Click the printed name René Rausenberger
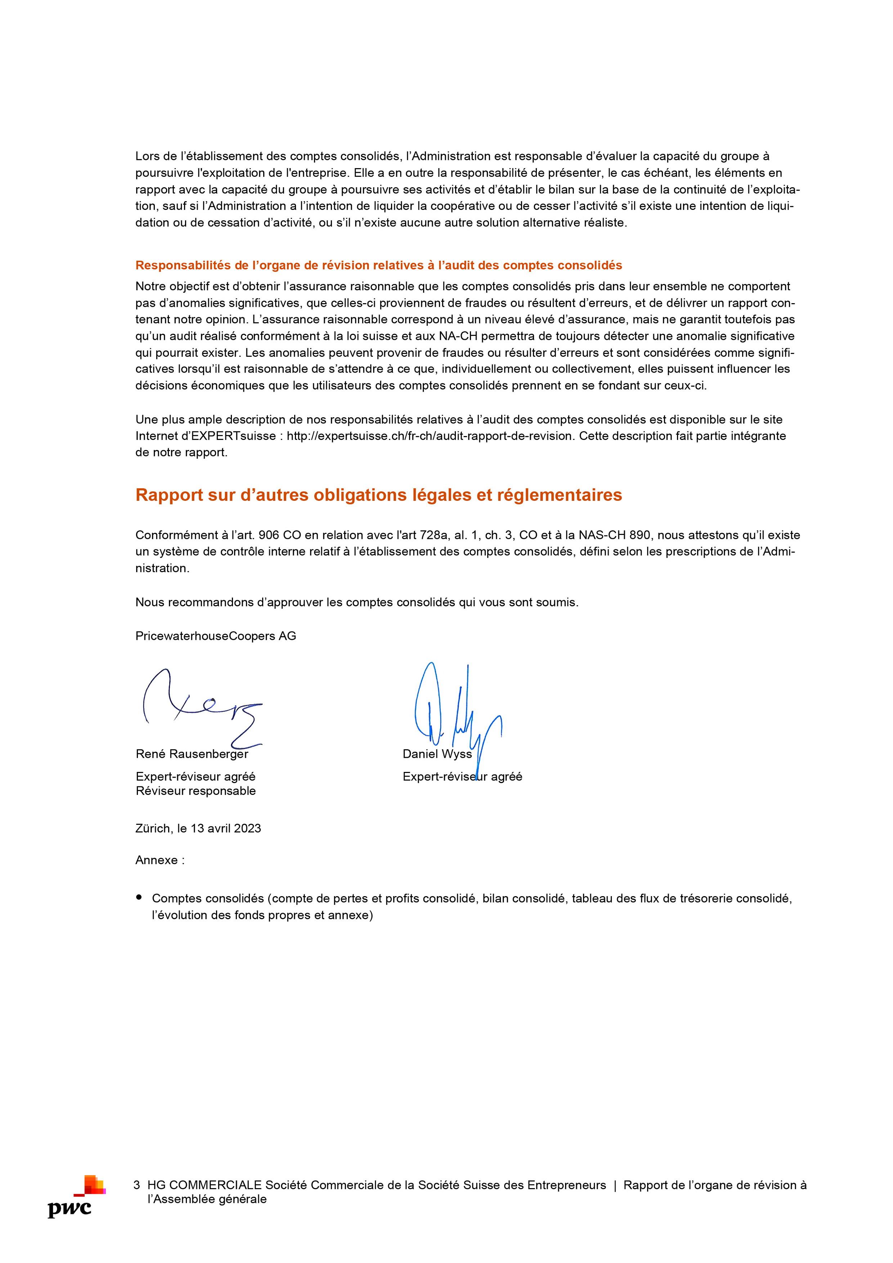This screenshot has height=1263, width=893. [192, 754]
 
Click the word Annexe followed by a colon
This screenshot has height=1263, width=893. [160, 860]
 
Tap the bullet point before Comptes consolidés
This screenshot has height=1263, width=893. [139, 897]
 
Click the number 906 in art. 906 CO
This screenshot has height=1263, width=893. [269, 535]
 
